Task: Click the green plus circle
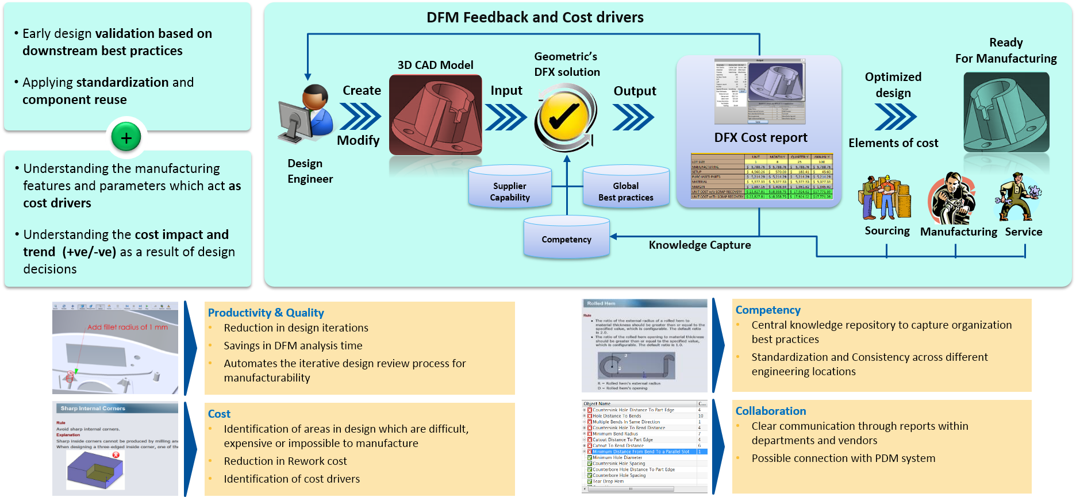(126, 137)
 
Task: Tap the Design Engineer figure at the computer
(306, 115)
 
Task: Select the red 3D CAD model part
(436, 115)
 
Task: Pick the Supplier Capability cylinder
(510, 187)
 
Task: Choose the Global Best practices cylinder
(626, 187)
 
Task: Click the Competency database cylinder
(566, 237)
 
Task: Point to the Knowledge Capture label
(700, 245)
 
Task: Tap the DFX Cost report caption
(760, 137)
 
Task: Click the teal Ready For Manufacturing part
(1006, 113)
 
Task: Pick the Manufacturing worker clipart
(952, 199)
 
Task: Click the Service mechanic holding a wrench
(1019, 198)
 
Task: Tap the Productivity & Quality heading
(266, 313)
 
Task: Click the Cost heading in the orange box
(219, 414)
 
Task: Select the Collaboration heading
(770, 411)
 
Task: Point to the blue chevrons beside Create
(360, 116)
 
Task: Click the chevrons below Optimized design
(895, 117)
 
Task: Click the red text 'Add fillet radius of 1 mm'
(128, 327)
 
